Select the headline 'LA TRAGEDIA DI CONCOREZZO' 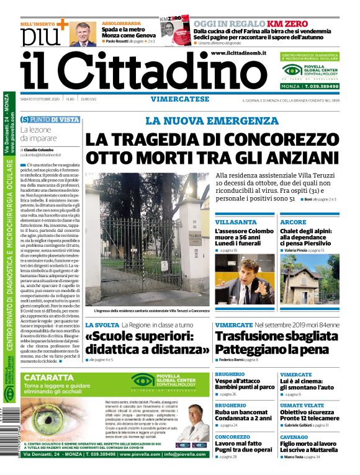click(x=210, y=140)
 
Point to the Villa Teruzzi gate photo click(x=146, y=239)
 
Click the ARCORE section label click(x=293, y=221)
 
